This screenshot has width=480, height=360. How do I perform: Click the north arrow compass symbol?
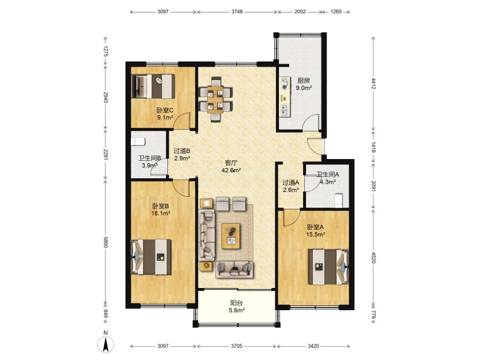(106, 344)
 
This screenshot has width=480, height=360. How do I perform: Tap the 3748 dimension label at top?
(236, 12)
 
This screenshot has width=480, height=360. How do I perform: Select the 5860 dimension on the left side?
(106, 242)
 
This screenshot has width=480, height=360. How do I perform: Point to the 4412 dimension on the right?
(373, 83)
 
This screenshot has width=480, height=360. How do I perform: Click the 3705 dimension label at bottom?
(236, 346)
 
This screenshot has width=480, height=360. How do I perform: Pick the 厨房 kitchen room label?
(304, 81)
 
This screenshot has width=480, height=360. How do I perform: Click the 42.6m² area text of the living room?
(231, 170)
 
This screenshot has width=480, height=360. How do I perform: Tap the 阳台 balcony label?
(236, 303)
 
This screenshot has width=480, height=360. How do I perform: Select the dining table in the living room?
(215, 100)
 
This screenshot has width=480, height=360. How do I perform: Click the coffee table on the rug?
(231, 236)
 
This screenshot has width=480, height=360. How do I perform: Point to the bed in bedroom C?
(153, 86)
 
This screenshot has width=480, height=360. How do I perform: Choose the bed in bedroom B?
(151, 257)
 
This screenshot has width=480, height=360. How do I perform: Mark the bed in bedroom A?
(328, 267)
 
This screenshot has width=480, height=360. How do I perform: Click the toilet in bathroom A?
(338, 200)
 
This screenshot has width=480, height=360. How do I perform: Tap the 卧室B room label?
(160, 206)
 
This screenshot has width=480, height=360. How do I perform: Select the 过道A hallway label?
(290, 183)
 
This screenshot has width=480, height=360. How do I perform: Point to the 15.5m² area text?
(316, 235)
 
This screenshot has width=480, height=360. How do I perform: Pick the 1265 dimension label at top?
(336, 12)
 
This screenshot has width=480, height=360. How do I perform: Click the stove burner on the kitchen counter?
(285, 83)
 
